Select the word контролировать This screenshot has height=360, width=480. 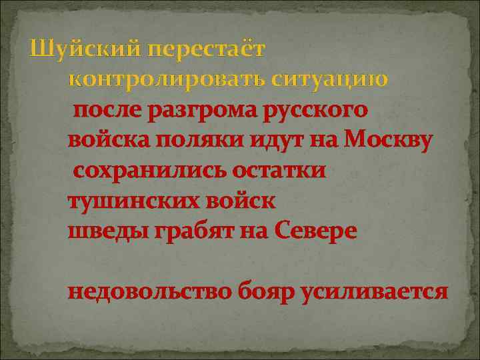pos(167,79)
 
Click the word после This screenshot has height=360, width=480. pos(107,111)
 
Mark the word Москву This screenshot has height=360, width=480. pos(392,141)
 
